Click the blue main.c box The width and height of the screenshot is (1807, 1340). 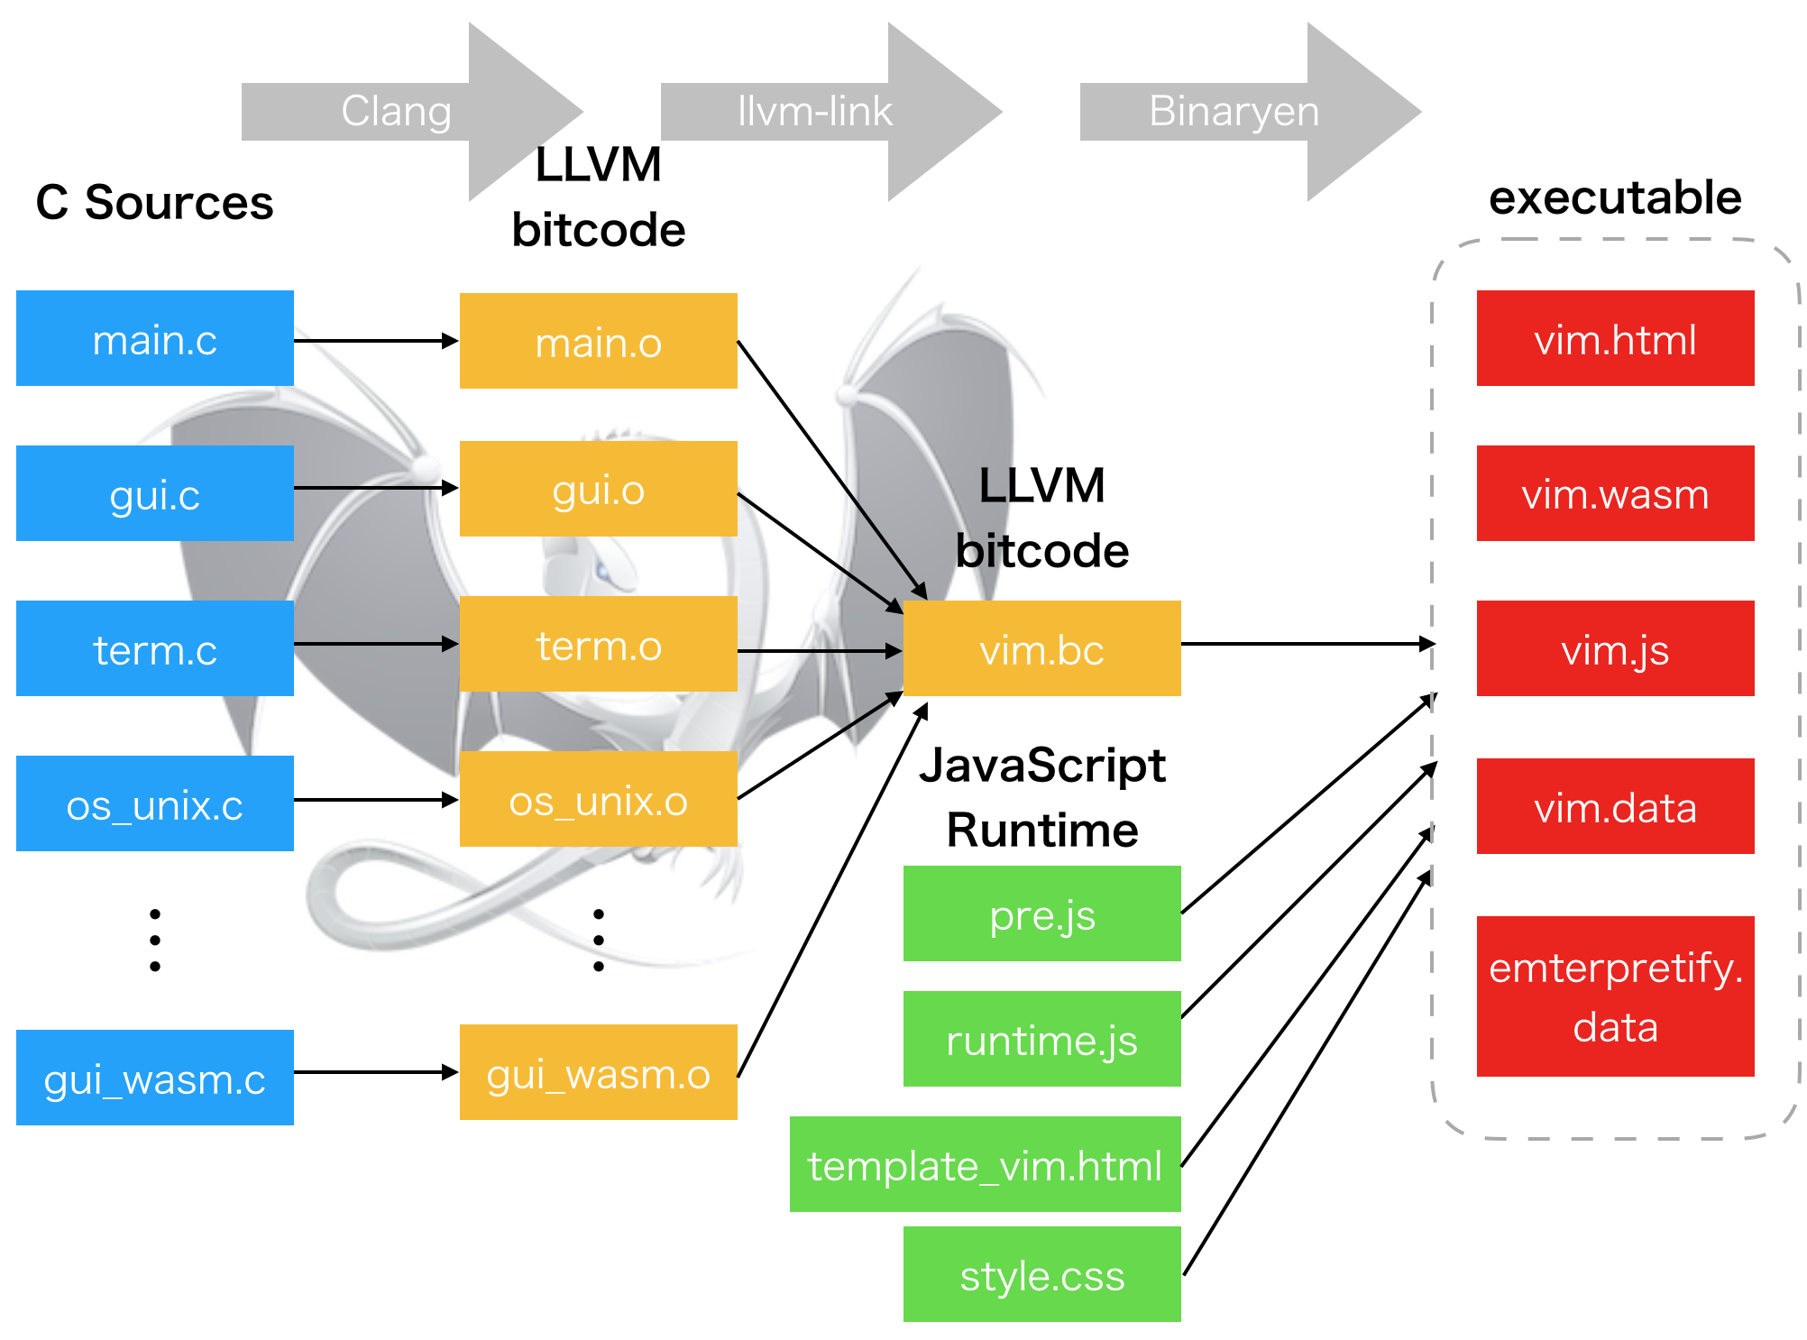(155, 338)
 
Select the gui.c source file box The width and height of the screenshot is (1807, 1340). (155, 493)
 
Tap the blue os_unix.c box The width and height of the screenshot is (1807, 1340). (155, 803)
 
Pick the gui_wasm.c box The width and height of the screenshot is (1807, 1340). (155, 1078)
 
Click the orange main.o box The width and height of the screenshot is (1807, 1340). (599, 341)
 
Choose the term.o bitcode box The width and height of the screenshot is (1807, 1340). (599, 644)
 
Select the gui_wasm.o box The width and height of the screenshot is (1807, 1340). (599, 1072)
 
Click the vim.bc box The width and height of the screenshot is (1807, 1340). (1042, 648)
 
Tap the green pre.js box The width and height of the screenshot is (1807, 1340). (1042, 913)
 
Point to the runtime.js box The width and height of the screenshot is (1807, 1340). (1042, 1039)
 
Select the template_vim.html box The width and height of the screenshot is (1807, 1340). (986, 1164)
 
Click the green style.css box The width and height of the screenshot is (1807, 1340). (1042, 1274)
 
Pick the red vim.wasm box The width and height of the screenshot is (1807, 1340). (1616, 493)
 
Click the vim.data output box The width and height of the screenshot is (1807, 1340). (1616, 806)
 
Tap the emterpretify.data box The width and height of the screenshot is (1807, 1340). (1616, 996)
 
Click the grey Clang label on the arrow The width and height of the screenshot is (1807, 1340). (396, 112)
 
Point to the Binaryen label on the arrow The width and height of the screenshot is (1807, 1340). (1234, 112)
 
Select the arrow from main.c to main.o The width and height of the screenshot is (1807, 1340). (377, 341)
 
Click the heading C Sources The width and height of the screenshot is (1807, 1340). (154, 202)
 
